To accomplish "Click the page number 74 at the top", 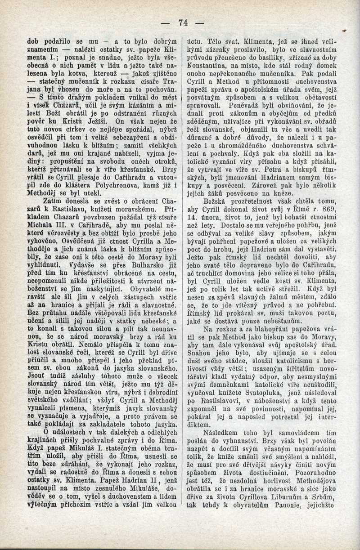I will click(x=183, y=22).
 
